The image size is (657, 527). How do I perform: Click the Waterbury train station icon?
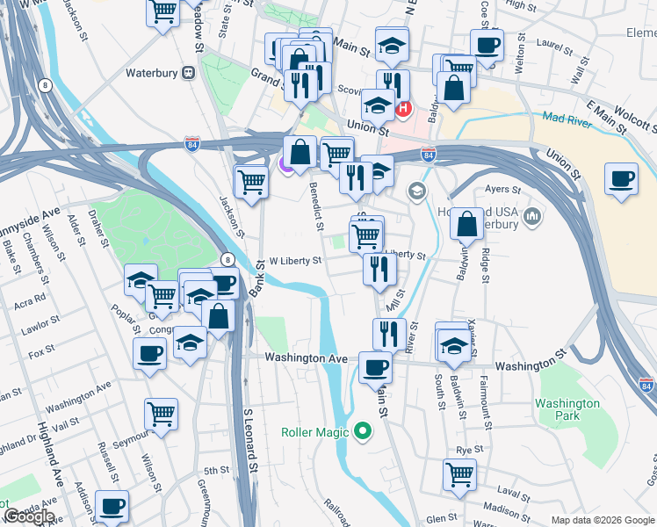pos(187,74)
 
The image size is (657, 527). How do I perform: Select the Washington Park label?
pos(567,409)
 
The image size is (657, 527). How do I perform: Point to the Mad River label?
pos(567,119)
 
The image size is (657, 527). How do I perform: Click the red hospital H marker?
pos(403,109)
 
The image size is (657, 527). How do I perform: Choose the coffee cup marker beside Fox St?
pos(149,354)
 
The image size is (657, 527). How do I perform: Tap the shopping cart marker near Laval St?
pos(461,475)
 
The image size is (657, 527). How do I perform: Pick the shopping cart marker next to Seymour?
pos(162,413)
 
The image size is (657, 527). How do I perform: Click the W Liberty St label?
pos(296,261)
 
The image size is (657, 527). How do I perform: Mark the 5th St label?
pos(215,471)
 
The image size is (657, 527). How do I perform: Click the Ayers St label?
pos(497,189)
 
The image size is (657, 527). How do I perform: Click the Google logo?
pos(29,516)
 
